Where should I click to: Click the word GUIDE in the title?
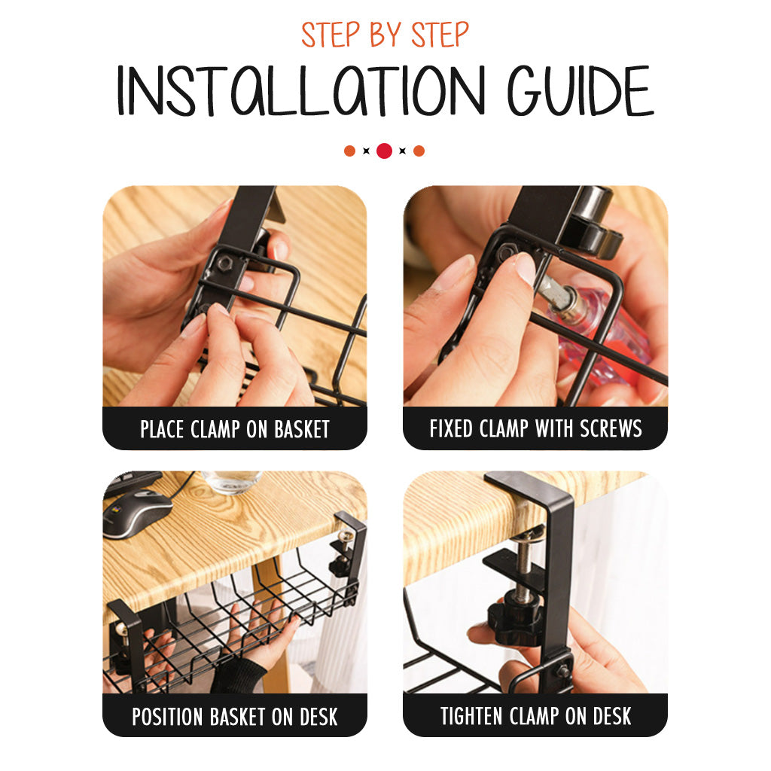click(x=581, y=90)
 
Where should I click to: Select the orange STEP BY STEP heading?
click(x=385, y=35)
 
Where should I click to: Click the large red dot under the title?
click(x=384, y=151)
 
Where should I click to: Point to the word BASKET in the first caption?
click(x=301, y=429)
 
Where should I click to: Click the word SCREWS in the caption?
click(x=611, y=428)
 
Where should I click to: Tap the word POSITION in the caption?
click(x=167, y=717)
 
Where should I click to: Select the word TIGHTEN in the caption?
click(x=471, y=716)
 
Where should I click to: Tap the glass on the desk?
click(x=232, y=481)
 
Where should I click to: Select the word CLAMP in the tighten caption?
click(x=534, y=716)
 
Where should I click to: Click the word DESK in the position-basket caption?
click(x=318, y=717)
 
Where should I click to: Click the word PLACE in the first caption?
click(x=163, y=429)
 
